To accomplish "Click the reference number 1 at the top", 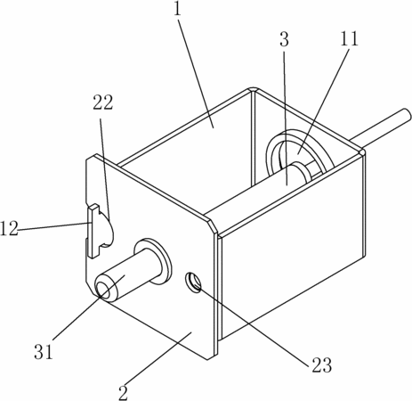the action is pos(177,9).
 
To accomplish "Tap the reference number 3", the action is pos(284,39).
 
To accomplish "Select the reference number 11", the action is pos(349,38).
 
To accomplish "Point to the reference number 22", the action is pos(103,102).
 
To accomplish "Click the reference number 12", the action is pos(10,229).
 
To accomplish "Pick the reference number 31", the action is pos(44,352).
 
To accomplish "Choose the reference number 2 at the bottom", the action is pos(123,393).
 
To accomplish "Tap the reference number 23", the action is pos(321,364).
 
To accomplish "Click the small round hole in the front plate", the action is pos(193,282).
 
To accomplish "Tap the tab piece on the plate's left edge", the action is pos(93,231).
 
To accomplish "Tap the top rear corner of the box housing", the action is pos(253,89).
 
